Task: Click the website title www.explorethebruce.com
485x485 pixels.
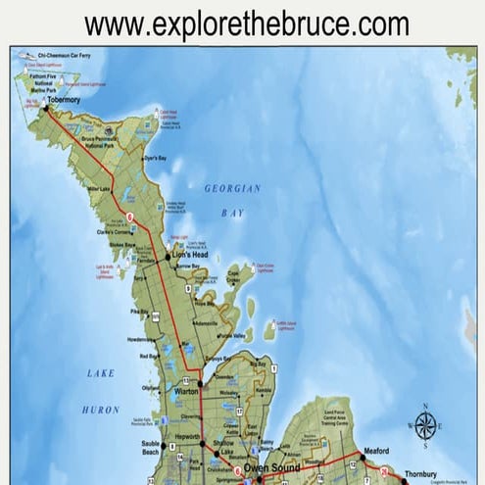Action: click(x=246, y=24)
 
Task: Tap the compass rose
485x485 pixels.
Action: click(x=425, y=425)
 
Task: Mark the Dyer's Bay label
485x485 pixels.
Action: click(x=156, y=158)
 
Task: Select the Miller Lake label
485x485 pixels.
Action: click(x=99, y=188)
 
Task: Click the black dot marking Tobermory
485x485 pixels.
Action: click(x=44, y=109)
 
